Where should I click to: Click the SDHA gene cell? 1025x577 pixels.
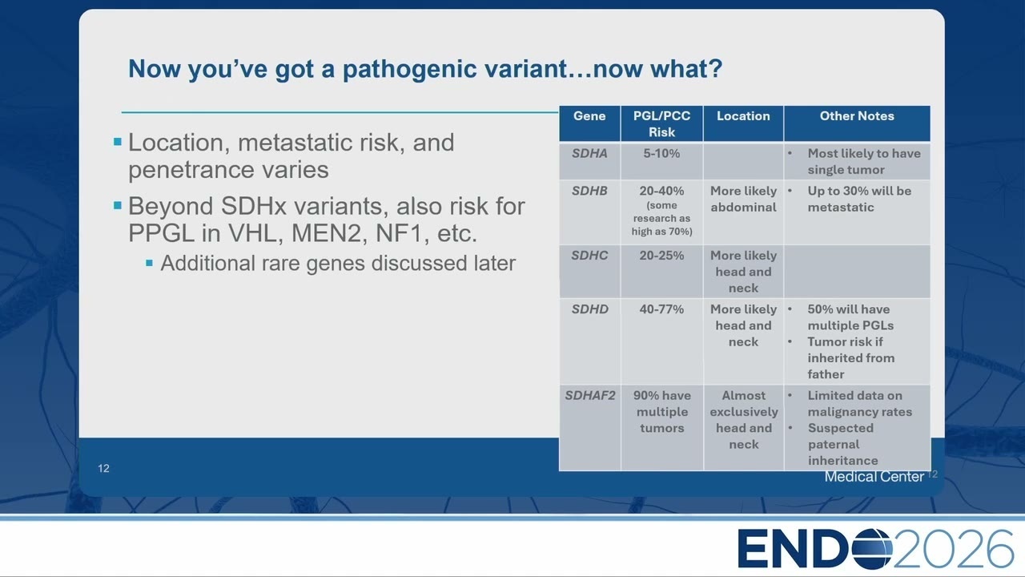coord(589,153)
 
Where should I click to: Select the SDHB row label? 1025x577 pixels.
coord(589,191)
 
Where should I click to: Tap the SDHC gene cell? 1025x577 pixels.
coord(589,256)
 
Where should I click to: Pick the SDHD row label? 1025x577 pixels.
coord(590,309)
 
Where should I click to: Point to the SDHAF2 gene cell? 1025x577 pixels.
coord(590,396)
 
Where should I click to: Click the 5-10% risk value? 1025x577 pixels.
coord(661,153)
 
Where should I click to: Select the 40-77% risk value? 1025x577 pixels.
coord(661,309)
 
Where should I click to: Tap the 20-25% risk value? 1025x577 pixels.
coord(661,256)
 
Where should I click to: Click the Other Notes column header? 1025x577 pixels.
coord(857,116)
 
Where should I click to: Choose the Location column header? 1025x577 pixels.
coord(743,116)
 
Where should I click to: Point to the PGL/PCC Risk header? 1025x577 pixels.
coord(661,124)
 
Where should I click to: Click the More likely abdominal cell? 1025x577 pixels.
coord(744,200)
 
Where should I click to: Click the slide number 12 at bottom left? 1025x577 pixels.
coord(103,469)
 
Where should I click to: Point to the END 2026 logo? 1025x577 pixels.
coord(875,549)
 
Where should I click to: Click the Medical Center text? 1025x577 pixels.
coord(874,477)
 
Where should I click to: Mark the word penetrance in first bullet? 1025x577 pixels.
coord(191,171)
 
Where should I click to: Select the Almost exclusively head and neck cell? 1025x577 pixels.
coord(744,420)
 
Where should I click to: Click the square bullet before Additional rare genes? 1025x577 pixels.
coord(149,263)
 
